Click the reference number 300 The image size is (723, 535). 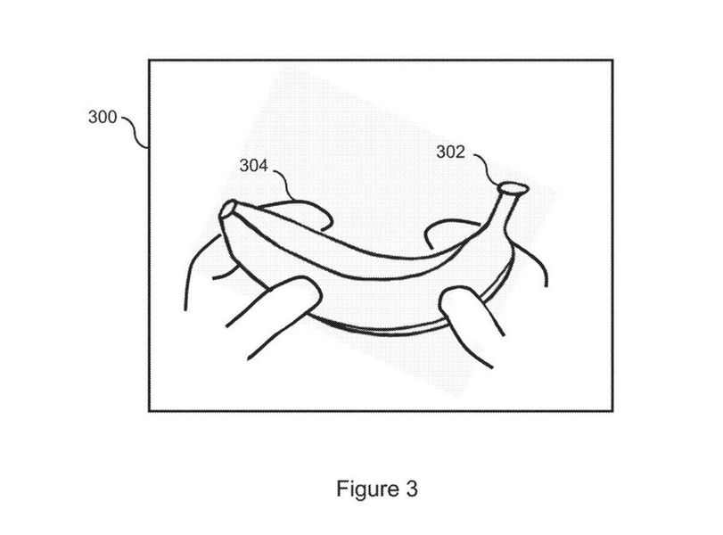point(103,117)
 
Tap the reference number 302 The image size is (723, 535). point(450,152)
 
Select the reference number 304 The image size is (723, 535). point(253,166)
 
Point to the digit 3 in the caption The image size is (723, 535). point(412,489)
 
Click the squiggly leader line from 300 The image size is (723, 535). point(136,131)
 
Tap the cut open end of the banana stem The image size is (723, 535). point(513,188)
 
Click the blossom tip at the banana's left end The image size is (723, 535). point(227,209)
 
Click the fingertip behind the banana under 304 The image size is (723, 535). point(300,213)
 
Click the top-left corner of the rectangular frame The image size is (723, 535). point(149,60)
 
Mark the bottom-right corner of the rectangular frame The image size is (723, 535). point(612,410)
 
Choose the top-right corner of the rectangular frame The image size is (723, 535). point(612,60)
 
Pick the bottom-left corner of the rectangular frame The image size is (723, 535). point(149,410)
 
